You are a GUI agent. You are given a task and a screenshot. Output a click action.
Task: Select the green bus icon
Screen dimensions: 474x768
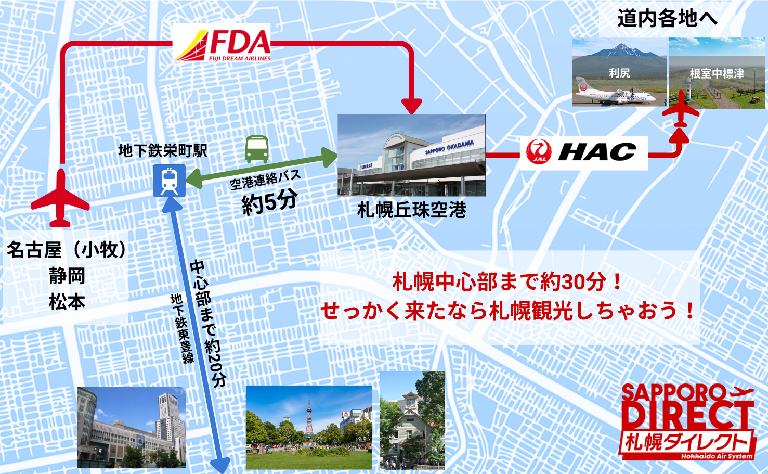pos(257,149)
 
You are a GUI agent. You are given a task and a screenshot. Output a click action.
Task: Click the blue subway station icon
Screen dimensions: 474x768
pos(169,181)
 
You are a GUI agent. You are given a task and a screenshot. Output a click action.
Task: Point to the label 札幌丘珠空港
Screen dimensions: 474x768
pos(411,210)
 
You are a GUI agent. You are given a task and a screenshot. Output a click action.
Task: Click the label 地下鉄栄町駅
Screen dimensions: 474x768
pos(163,151)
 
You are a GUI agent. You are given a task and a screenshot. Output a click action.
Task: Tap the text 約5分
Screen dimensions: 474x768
pos(269,201)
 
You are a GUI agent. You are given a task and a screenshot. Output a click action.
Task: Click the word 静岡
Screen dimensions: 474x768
pos(67,276)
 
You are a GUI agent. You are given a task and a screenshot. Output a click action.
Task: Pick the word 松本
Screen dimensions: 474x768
pos(67,302)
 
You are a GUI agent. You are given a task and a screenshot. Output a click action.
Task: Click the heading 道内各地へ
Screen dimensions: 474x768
pos(667,19)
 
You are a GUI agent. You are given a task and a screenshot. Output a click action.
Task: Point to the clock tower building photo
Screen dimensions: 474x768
pos(412,420)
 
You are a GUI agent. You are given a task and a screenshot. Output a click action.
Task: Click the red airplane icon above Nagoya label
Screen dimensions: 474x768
pos(60,199)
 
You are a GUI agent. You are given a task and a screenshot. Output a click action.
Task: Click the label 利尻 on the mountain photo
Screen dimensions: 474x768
pos(619,73)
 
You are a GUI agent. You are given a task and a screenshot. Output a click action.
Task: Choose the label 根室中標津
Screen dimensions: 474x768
pos(717,74)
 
